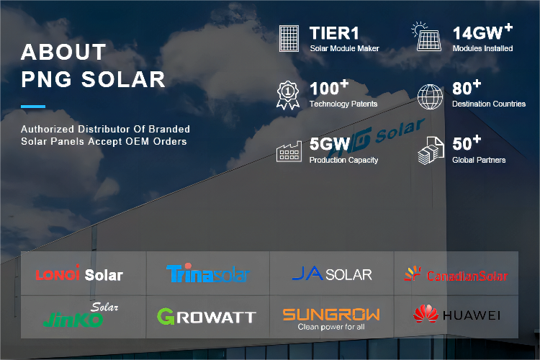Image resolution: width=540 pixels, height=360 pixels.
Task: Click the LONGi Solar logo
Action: (79, 274)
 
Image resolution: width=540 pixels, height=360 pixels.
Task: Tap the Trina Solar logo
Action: (208, 273)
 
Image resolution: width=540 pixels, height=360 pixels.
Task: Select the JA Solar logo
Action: (332, 274)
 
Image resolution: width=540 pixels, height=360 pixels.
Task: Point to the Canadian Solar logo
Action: (456, 274)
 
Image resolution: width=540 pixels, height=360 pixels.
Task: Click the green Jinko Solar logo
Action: (81, 315)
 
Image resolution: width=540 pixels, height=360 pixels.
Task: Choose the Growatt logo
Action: (207, 316)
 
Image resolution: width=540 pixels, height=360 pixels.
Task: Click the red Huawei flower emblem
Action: (426, 313)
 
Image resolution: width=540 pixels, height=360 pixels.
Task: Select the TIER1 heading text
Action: (334, 33)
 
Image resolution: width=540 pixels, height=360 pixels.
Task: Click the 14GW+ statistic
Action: (482, 32)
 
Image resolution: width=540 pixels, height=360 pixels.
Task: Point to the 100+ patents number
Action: (329, 88)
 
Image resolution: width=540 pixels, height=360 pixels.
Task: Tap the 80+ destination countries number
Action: (467, 88)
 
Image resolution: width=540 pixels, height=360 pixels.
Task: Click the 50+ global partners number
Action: (467, 143)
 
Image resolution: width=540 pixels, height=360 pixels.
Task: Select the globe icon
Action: (430, 96)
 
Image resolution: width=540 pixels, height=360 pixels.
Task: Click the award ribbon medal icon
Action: (288, 96)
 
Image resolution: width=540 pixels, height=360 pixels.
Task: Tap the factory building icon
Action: (289, 151)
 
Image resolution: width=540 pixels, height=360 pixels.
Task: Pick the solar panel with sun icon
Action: (426, 37)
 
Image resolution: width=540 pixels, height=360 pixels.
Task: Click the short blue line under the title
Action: (33, 107)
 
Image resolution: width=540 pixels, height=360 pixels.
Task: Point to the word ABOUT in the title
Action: (63, 52)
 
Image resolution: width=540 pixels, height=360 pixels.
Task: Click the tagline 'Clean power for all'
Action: (331, 327)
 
